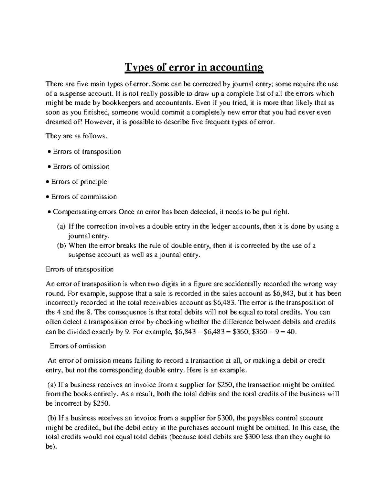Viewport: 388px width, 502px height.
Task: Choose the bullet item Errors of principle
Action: pyautogui.click(x=79, y=182)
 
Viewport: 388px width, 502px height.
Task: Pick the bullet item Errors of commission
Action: pyautogui.click(x=84, y=197)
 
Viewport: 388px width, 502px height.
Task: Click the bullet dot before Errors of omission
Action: pyautogui.click(x=49, y=167)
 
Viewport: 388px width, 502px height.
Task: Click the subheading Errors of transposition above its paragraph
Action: pyautogui.click(x=80, y=269)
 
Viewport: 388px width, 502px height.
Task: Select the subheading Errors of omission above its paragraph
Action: pyautogui.click(x=78, y=346)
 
